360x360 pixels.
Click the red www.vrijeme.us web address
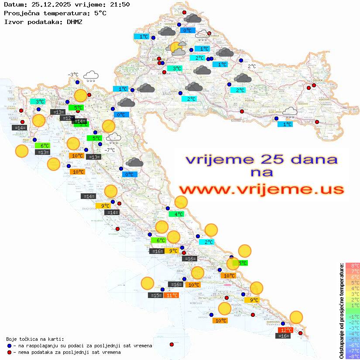261,189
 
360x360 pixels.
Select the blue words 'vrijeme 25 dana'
261,159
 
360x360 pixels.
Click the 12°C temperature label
285,330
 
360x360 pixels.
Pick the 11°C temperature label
171,295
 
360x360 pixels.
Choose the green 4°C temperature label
176,214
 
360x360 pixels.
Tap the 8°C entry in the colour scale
352,266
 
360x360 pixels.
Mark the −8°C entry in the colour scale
352,357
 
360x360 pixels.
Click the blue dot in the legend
9,346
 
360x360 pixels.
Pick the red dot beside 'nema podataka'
9,352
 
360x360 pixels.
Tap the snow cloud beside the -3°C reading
91,76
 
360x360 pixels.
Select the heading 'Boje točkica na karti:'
35,339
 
